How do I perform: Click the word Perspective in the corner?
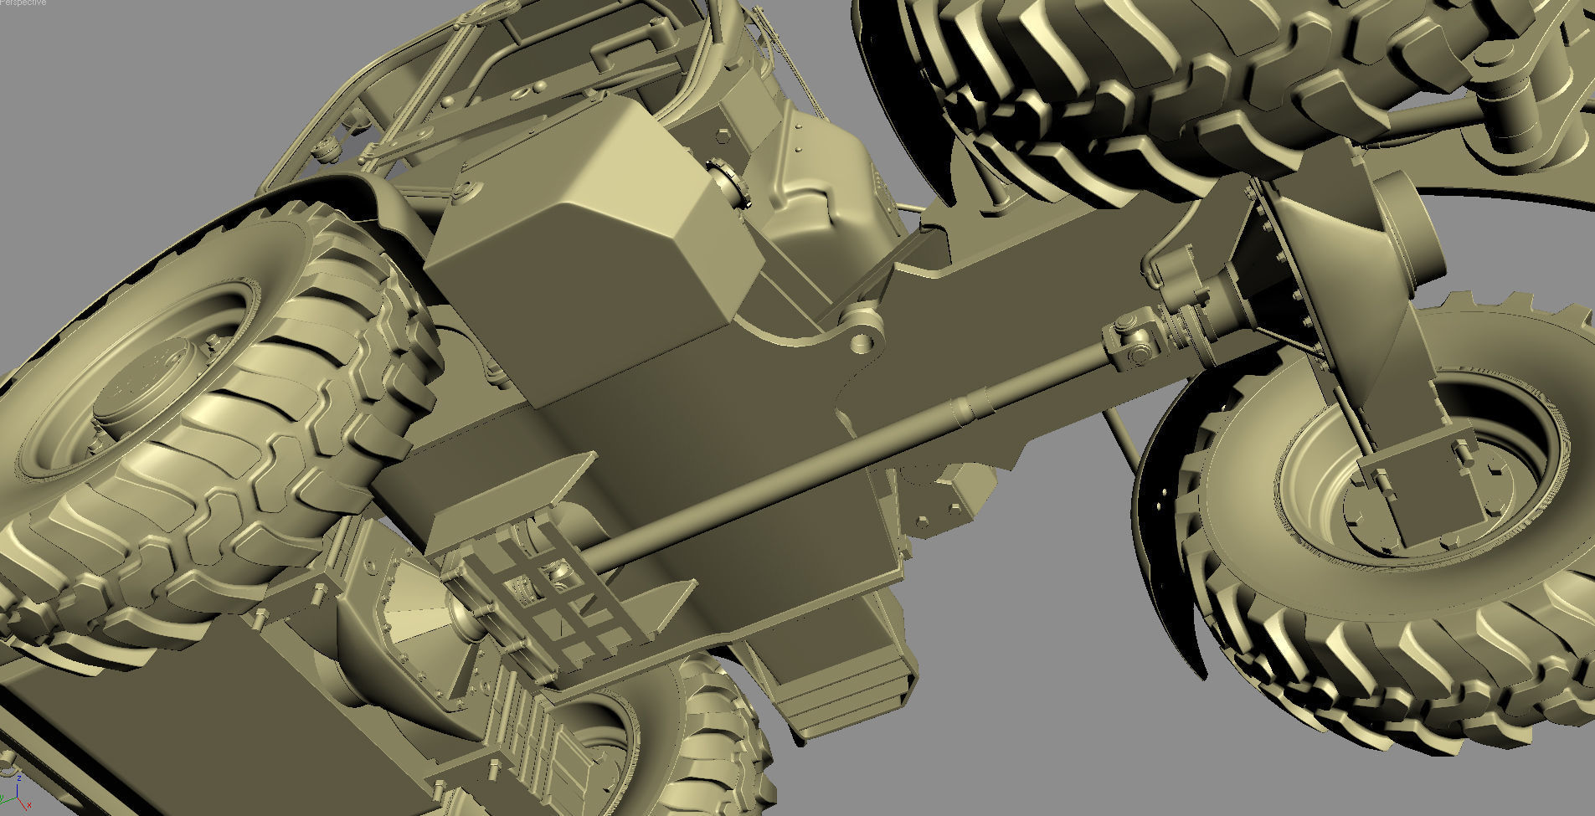[23, 3]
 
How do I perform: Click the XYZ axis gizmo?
[12, 795]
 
